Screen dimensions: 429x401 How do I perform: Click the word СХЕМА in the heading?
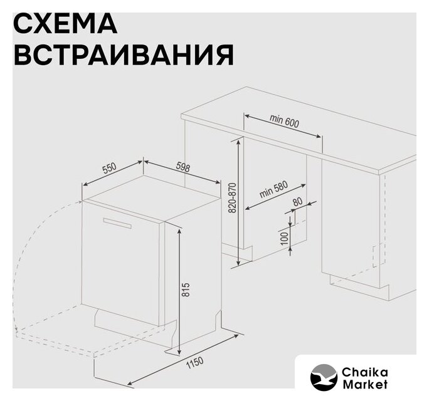click(x=65, y=23)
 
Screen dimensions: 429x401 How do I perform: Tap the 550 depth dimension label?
click(x=109, y=169)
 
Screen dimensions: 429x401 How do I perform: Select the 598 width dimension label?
click(x=183, y=167)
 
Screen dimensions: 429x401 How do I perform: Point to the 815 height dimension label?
click(x=186, y=289)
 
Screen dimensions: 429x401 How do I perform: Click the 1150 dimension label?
click(x=195, y=362)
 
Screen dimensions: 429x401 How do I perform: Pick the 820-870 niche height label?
click(x=232, y=198)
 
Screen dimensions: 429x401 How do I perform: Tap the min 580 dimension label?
click(x=273, y=189)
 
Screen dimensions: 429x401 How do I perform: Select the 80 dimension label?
click(x=298, y=202)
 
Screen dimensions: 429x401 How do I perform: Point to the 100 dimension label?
click(x=285, y=238)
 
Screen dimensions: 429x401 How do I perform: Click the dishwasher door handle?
click(x=117, y=223)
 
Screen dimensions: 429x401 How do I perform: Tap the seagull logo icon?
click(x=324, y=377)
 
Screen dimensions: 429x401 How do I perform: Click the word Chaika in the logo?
click(x=364, y=372)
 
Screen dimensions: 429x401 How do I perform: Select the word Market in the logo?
click(x=365, y=384)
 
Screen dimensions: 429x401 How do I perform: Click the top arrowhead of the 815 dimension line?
click(x=179, y=231)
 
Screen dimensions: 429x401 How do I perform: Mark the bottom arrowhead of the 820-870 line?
click(x=239, y=263)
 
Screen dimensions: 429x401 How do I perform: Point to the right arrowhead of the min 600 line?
click(x=319, y=136)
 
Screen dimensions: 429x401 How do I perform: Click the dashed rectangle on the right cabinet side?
click(x=379, y=255)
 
